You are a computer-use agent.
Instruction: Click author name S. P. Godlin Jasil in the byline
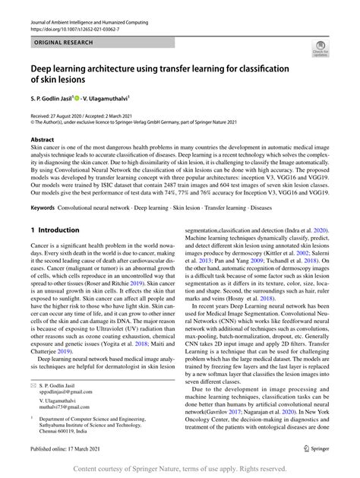[x=55, y=98]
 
